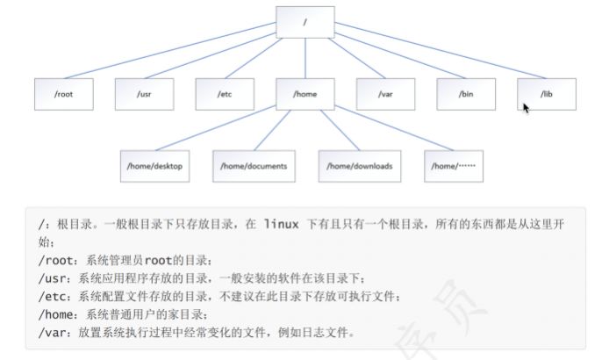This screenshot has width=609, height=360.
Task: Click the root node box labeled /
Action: point(304,22)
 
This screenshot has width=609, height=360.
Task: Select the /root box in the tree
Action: point(63,93)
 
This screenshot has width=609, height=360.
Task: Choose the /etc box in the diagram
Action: point(225,93)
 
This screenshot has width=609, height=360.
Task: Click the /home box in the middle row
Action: point(305,93)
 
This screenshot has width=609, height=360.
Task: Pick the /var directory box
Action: point(385,93)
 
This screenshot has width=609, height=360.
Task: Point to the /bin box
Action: point(466,93)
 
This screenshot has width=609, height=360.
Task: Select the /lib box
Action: point(547,93)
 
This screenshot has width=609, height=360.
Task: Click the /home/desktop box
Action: point(154,165)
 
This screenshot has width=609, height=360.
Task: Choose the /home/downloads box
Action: point(360,165)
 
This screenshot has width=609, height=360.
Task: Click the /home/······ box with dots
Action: point(454,165)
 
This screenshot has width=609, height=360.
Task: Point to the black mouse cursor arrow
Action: point(526,108)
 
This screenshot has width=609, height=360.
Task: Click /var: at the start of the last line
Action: point(55,333)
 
